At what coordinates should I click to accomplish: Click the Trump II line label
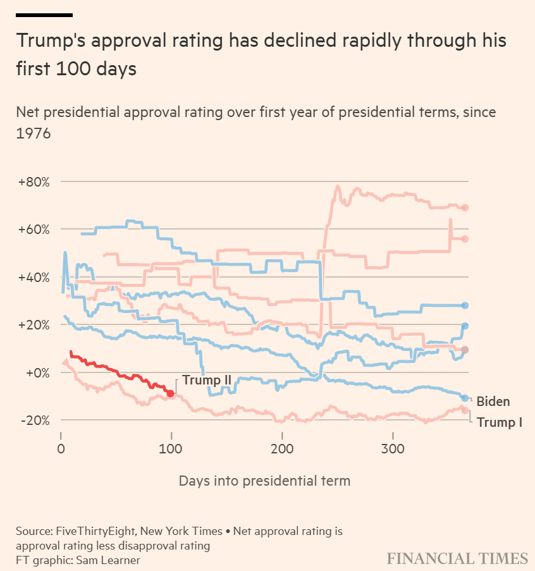click(x=207, y=380)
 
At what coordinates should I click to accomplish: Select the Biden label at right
click(x=493, y=401)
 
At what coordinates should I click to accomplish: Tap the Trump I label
click(x=499, y=422)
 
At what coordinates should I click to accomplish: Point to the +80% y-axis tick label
click(x=34, y=182)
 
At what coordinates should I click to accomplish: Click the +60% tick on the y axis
click(x=34, y=230)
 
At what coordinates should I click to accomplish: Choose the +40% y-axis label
click(x=34, y=278)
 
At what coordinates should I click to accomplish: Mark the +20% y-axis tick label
click(x=34, y=325)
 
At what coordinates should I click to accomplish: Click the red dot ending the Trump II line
click(x=170, y=393)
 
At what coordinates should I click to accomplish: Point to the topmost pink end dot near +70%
click(x=465, y=207)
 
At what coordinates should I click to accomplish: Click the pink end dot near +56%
click(x=465, y=238)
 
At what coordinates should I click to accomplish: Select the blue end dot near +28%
click(x=465, y=305)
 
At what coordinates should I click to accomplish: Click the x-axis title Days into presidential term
click(x=264, y=481)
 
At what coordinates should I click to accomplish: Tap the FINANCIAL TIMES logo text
click(x=457, y=558)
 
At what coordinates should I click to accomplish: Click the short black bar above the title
click(x=44, y=15)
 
